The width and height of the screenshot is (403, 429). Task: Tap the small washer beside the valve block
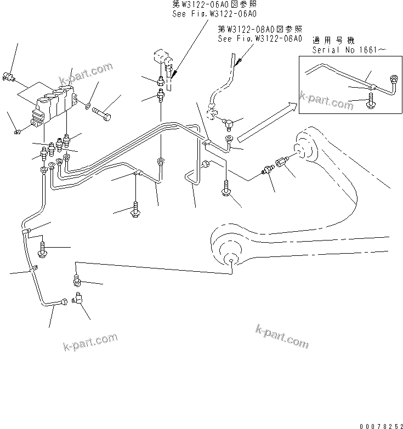[88, 104]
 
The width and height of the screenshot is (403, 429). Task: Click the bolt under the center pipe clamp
[135, 210]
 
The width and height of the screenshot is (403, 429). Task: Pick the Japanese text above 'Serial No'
[333, 41]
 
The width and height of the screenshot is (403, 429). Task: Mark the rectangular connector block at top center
[160, 57]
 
